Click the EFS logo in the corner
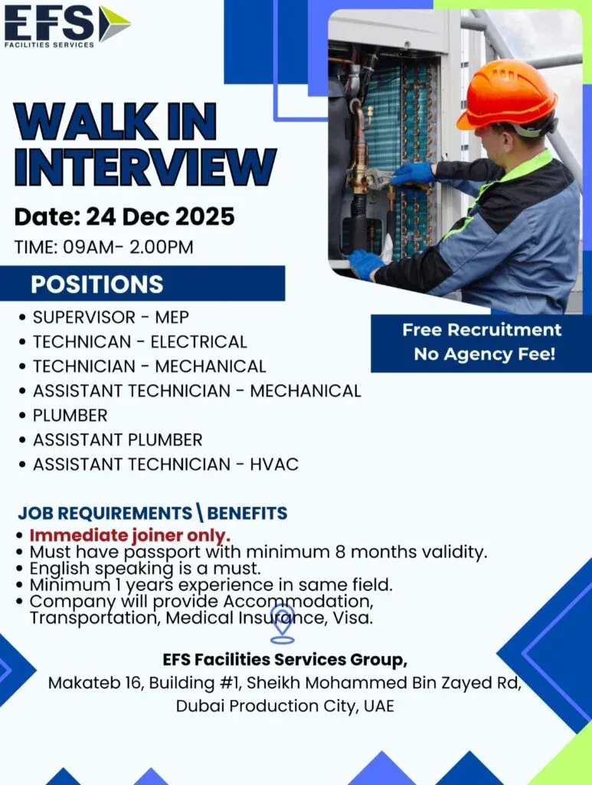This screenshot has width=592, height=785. pos(67,25)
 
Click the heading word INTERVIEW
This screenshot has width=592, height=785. pos(145,167)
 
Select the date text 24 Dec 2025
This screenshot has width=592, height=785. pos(161,217)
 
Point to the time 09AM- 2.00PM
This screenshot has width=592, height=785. pos(128,248)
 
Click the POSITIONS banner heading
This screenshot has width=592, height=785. pos(97,284)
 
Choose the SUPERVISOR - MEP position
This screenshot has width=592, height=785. pos(111,317)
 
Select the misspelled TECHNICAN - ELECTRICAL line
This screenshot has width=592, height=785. pos(140,342)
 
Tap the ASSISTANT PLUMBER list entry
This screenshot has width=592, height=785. pos(117,440)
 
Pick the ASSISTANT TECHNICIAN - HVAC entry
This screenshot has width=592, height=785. pos(165,465)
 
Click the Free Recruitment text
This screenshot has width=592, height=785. pos(482,330)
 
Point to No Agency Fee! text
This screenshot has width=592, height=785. pos(485,354)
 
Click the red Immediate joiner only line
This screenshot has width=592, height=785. pos(130,535)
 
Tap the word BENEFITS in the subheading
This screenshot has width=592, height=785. pos(247,513)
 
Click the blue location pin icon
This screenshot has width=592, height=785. pos(283,624)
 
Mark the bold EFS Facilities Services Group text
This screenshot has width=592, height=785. pos(285,660)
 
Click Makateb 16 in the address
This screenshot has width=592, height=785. pos(94,683)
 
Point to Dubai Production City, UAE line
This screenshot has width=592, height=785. pos(285,706)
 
